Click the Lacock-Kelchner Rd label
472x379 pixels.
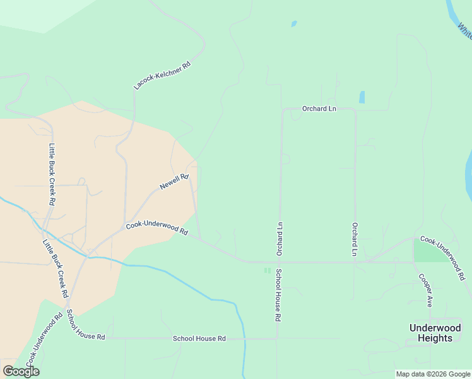point(162,75)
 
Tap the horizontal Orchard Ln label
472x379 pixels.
point(319,109)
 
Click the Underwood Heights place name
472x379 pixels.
point(431,333)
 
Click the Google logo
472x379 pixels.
point(21,371)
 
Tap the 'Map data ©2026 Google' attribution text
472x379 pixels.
point(433,374)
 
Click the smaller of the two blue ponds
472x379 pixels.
point(293,25)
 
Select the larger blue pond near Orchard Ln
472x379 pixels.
point(362,97)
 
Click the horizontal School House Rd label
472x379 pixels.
point(199,339)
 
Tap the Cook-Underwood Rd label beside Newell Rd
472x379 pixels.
point(156,228)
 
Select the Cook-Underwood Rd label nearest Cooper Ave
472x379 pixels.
point(443,258)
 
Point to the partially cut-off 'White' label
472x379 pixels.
point(465,30)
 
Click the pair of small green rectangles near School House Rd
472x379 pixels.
point(267,270)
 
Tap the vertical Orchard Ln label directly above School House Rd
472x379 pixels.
point(278,239)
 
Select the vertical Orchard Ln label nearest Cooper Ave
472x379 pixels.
point(355,239)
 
